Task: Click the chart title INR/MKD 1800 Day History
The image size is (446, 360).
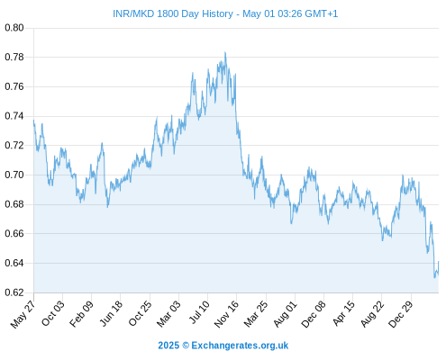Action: pyautogui.click(x=173, y=13)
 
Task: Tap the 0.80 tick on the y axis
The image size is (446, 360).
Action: pyautogui.click(x=14, y=28)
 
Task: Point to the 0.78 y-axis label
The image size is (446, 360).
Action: pyautogui.click(x=14, y=57)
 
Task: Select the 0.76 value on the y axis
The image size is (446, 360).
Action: pyautogui.click(x=14, y=86)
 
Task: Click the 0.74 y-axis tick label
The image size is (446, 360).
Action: pyautogui.click(x=14, y=116)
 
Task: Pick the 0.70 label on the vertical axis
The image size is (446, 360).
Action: pyautogui.click(x=14, y=175)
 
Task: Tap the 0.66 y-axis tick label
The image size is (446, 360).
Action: pyautogui.click(x=14, y=233)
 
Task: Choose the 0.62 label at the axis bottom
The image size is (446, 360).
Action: pyautogui.click(x=14, y=292)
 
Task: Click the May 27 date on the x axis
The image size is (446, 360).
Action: pyautogui.click(x=23, y=314)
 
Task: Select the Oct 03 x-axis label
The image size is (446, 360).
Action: pyautogui.click(x=53, y=313)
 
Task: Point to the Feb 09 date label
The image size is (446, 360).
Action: pyautogui.click(x=81, y=314)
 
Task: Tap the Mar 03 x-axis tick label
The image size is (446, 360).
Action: pyautogui.click(x=168, y=314)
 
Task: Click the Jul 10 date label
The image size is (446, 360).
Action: pyautogui.click(x=199, y=312)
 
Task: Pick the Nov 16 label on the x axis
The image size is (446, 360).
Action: pyautogui.click(x=226, y=314)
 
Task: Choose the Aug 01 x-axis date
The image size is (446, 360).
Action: pyautogui.click(x=286, y=314)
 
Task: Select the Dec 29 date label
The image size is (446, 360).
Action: pyautogui.click(x=401, y=314)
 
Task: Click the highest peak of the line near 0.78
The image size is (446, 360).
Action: pyautogui.click(x=225, y=52)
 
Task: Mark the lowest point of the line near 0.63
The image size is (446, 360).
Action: pyautogui.click(x=434, y=277)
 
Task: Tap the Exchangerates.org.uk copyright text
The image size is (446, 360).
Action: pyautogui.click(x=223, y=346)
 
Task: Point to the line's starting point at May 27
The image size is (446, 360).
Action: pyautogui.click(x=33, y=121)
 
